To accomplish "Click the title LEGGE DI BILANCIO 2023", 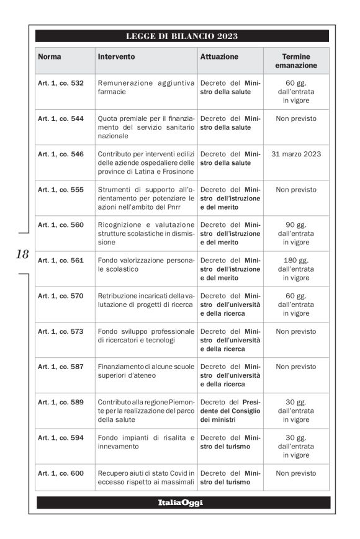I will point(182,36).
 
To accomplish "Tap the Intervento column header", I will point(116,57).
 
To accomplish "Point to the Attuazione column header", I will point(219,57).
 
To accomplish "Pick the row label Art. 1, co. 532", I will point(61,83).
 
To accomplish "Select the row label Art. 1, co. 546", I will point(61,154).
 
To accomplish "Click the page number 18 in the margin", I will point(22,254).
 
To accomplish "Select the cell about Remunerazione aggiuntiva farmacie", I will point(146,87).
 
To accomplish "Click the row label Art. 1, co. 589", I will point(61,402).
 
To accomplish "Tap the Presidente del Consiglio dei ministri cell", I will point(230,411).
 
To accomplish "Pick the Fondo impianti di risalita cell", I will point(146,442).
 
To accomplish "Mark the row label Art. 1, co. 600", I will point(61,473).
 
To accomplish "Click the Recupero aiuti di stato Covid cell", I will point(146,478).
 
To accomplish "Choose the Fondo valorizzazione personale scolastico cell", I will point(146,265).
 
